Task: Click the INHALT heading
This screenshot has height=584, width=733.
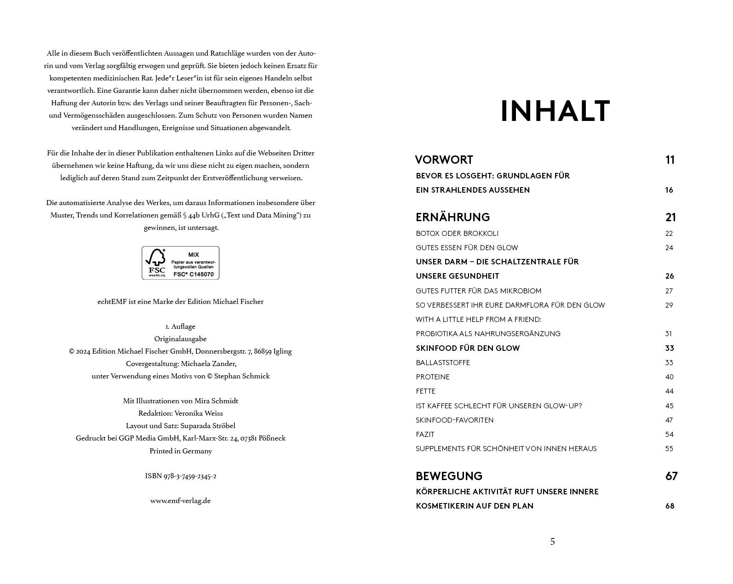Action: pos(555,111)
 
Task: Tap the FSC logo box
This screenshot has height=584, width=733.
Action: pos(180,263)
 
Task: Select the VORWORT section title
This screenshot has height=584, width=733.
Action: pos(444,160)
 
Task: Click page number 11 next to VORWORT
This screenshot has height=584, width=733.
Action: pos(670,160)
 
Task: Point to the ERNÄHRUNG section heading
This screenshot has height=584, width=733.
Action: pos(452,217)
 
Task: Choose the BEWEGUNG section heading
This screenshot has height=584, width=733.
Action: pos(449,476)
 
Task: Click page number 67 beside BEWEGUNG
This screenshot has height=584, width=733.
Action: pos(671,476)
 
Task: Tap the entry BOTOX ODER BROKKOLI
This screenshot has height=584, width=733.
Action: pos(457,234)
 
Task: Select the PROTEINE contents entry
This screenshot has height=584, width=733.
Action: pos(433,377)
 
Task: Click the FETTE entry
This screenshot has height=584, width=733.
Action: pos(425,391)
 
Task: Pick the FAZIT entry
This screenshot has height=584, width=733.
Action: pos(425,435)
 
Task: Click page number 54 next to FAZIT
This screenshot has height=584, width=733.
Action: pos(669,435)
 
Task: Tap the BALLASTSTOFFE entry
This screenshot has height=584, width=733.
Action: pos(443,363)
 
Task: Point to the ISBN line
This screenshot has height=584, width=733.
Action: pos(181,476)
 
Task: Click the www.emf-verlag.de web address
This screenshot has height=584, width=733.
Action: pos(180,501)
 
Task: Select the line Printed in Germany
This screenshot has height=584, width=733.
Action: pos(181,451)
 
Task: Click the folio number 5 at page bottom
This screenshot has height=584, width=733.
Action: pos(552,542)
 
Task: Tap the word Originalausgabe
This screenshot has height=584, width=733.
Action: pos(180,339)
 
